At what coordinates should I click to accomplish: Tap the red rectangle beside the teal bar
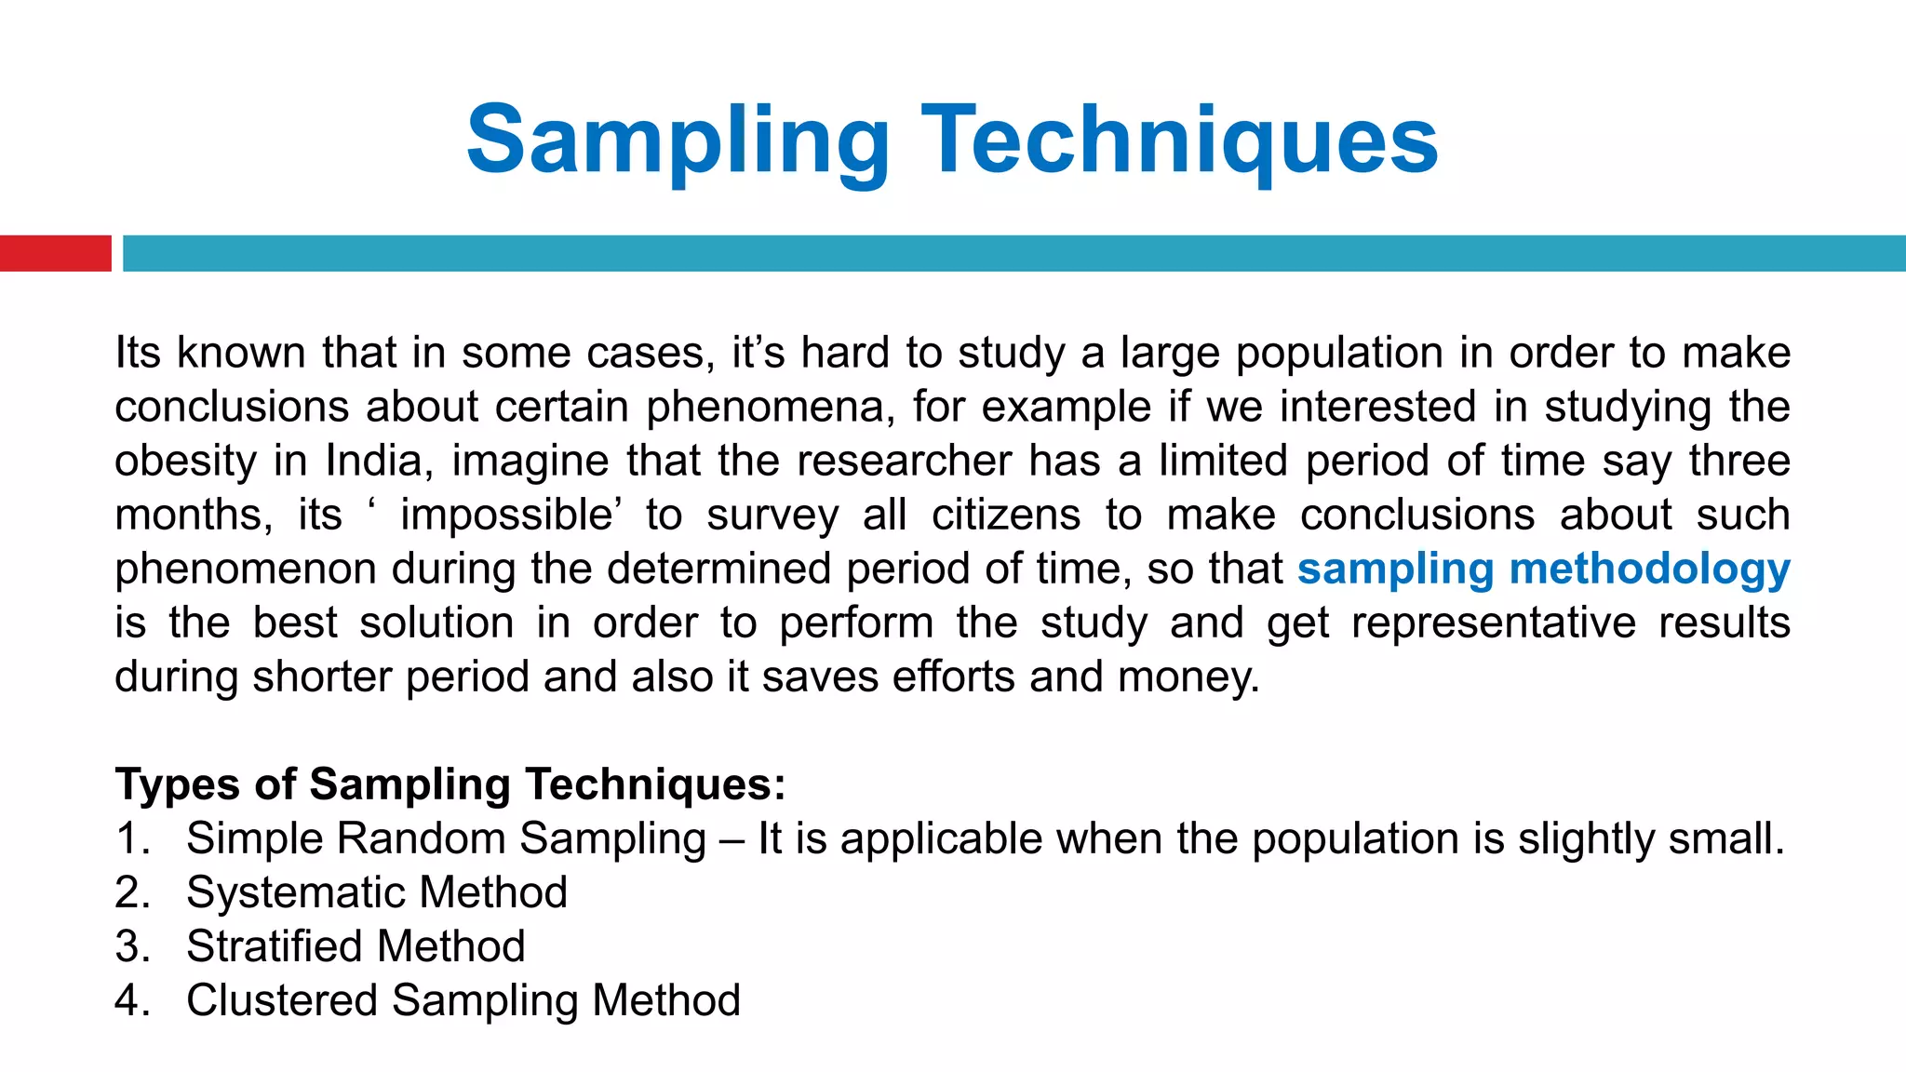coord(55,253)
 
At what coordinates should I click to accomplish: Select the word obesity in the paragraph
coord(185,461)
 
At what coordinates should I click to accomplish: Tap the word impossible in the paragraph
coord(512,515)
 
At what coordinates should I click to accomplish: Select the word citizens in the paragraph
coord(1006,515)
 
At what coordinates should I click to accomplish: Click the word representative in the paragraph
coord(1493,623)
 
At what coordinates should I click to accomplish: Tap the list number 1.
coord(131,838)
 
